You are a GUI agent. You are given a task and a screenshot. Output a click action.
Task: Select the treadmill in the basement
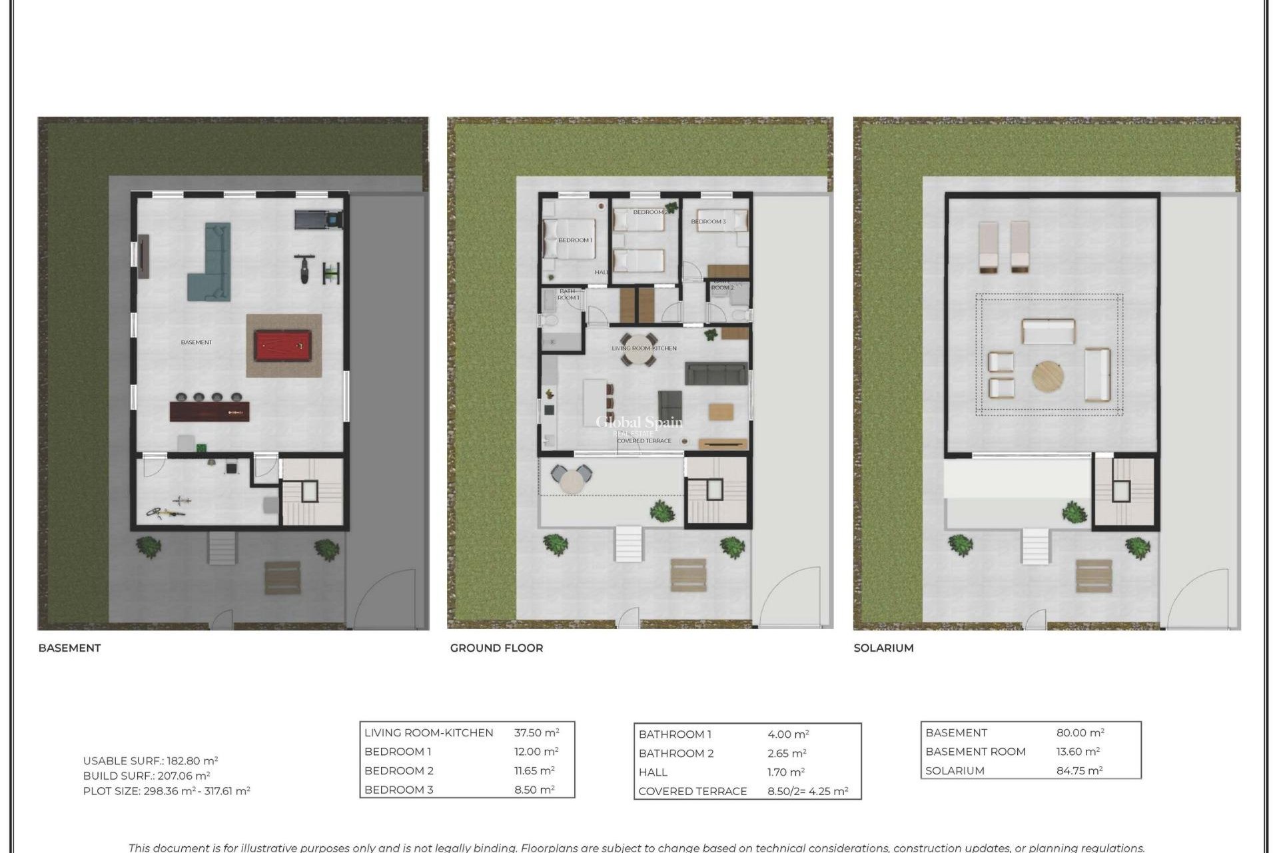(318, 219)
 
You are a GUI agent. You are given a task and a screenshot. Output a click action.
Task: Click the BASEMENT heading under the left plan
(69, 648)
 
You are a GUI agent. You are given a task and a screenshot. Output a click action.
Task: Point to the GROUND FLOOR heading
(496, 648)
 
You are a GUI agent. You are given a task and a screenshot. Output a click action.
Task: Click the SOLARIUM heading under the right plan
(883, 648)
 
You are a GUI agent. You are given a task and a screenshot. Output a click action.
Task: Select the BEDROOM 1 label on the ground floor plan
(575, 240)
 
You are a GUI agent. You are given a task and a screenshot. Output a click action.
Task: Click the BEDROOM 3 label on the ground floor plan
(708, 221)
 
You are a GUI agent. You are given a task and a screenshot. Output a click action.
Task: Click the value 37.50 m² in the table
(536, 732)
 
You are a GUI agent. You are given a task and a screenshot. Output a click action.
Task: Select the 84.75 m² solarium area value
(1079, 770)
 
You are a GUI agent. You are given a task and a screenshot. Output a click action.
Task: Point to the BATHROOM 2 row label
(675, 753)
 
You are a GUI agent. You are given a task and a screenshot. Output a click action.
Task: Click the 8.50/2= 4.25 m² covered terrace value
(807, 791)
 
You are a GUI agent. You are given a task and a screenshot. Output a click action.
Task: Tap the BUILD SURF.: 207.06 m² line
(147, 776)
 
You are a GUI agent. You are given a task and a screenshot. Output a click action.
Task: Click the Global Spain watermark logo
(638, 423)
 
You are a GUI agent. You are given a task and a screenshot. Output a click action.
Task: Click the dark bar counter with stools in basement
(210, 411)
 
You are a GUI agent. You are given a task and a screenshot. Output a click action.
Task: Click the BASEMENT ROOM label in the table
(975, 752)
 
